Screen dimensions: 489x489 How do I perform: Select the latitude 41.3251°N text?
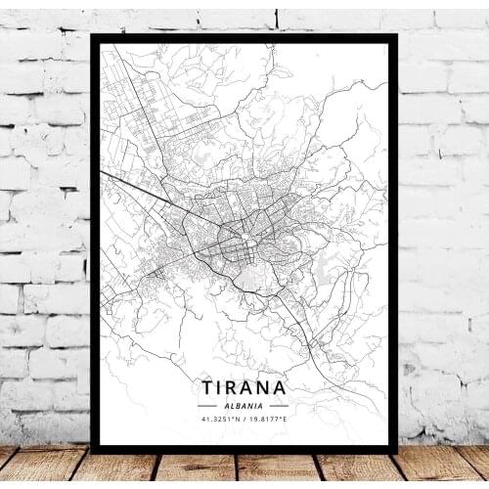(x=218, y=418)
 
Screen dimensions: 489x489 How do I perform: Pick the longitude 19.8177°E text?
(x=269, y=418)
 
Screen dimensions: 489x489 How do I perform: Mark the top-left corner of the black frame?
(x=92, y=36)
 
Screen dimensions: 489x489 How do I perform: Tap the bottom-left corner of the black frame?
(x=92, y=451)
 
